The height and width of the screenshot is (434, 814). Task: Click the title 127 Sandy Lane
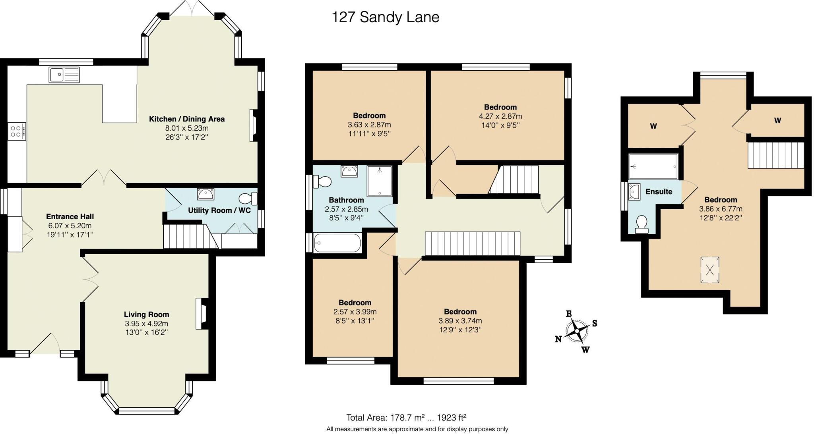coord(385,17)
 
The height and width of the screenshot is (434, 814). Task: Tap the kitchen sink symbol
coord(64,75)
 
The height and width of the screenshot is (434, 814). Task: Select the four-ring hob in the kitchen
coord(16,131)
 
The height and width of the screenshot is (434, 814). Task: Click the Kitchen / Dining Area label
coord(187,119)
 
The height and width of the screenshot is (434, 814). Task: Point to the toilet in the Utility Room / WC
coord(248,198)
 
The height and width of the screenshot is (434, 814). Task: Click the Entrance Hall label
coord(70,216)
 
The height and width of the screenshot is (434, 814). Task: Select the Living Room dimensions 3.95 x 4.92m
coord(146,323)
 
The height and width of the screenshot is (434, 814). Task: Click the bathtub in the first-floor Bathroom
coord(337,243)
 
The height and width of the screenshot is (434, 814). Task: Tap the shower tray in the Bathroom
coord(379,181)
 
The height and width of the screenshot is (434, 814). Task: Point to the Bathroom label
coord(346,200)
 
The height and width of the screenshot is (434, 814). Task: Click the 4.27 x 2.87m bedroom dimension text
coord(500,116)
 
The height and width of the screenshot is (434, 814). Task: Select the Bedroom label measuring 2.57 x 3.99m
coord(355,303)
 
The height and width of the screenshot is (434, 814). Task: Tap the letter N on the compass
coord(558,339)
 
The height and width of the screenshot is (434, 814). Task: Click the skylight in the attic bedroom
coord(709,270)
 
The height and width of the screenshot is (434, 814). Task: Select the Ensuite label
coord(659,191)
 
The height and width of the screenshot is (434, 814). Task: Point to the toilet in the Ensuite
coord(641,224)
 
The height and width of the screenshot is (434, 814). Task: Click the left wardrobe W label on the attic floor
coord(653,126)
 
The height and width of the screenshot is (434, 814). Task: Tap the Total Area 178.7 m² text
coord(406,417)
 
